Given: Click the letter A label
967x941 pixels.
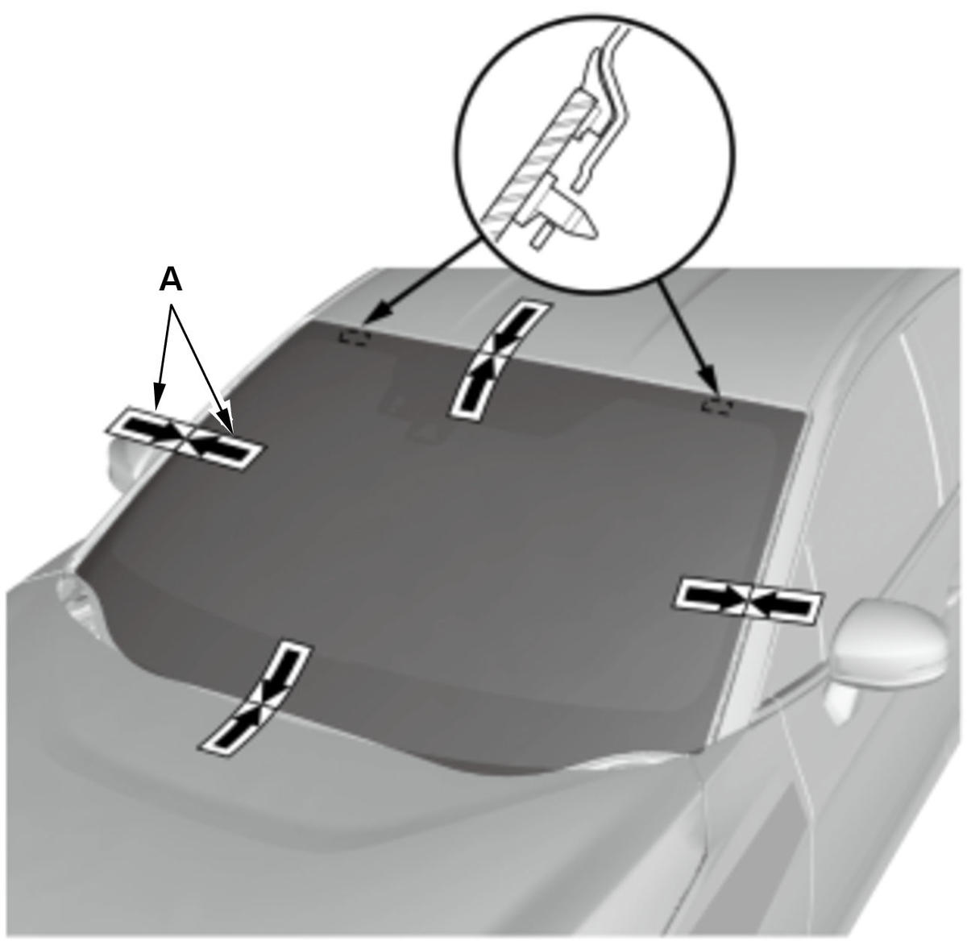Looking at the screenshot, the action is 171,280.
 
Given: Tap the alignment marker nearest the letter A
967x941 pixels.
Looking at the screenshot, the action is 184,438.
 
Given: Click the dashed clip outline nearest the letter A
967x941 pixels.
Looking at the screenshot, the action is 354,336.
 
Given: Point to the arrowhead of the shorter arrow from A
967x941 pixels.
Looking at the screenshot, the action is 158,403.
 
